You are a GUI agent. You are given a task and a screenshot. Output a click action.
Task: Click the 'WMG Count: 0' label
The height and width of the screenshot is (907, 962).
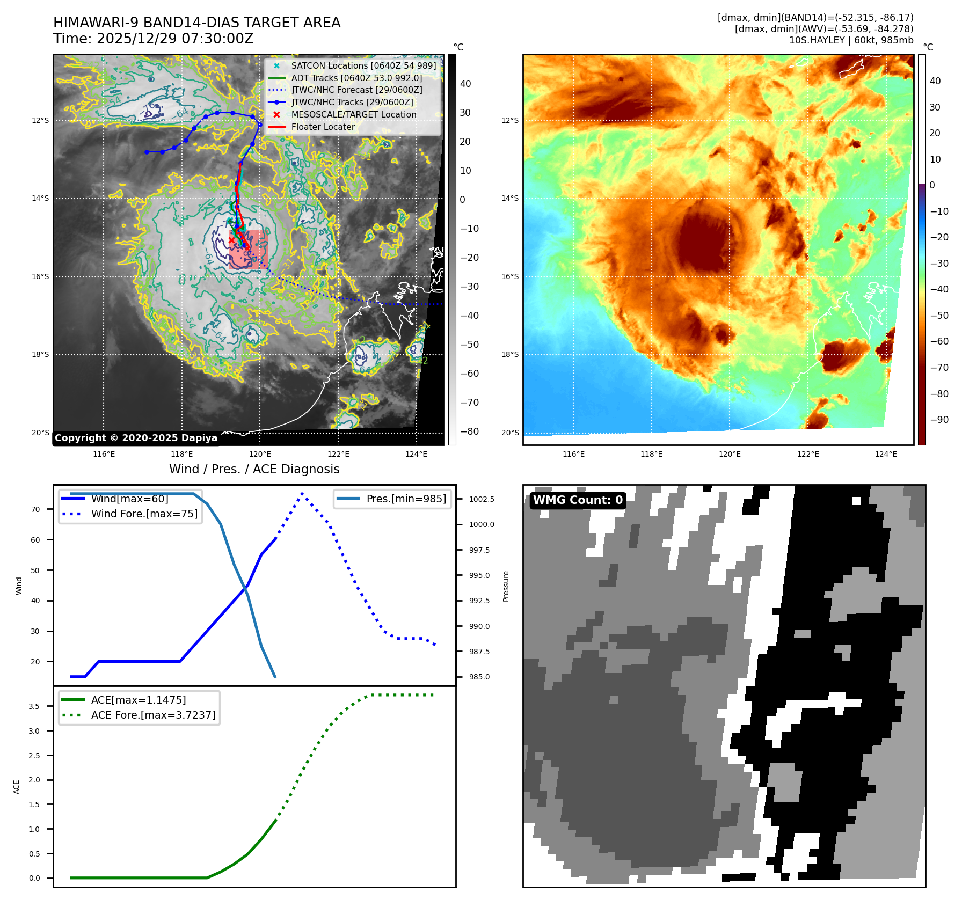578,500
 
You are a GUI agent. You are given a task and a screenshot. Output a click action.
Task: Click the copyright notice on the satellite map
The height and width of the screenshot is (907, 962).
136,438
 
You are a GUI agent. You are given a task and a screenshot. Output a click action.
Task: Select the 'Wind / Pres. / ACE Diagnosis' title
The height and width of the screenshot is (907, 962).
254,469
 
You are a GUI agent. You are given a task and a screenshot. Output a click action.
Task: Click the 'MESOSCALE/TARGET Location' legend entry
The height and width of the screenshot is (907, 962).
353,114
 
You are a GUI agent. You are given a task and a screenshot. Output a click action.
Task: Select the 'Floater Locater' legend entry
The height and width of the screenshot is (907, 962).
323,127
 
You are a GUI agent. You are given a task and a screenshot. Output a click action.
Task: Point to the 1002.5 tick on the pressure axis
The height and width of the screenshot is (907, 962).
482,499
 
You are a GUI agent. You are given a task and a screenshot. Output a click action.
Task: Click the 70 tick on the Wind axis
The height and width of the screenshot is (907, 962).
35,509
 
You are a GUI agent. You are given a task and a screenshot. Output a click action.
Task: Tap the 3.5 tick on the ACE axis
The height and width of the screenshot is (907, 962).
34,706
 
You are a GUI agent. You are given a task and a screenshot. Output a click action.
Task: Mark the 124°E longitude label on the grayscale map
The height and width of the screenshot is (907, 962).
416,454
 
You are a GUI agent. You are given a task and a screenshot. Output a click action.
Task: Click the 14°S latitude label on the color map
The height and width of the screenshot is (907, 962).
510,198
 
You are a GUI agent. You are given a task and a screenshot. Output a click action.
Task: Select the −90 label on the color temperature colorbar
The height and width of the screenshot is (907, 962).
939,420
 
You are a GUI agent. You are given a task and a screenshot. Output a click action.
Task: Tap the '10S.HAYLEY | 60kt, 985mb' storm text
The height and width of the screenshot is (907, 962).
851,40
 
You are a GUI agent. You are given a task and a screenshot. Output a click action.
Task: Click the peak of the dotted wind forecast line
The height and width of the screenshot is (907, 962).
302,493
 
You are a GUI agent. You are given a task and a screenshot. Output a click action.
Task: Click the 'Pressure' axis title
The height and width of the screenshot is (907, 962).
506,586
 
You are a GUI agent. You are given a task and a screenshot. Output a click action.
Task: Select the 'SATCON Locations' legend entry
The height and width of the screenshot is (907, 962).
363,65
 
